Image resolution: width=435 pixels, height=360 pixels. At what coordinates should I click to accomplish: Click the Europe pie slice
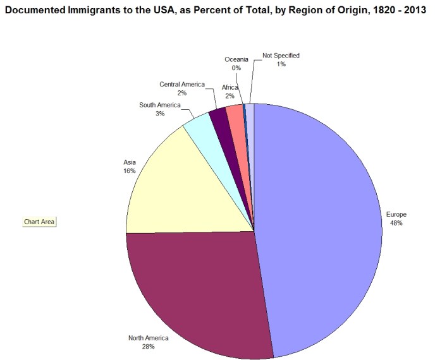[322, 227]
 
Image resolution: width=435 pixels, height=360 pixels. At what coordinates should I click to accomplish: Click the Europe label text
[396, 215]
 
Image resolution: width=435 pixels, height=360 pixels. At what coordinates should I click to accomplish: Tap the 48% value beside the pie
[396, 223]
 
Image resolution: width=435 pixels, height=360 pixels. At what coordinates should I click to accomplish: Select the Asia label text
[130, 162]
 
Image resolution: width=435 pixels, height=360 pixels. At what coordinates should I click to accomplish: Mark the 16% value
[130, 171]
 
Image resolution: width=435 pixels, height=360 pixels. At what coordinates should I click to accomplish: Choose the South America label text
[160, 105]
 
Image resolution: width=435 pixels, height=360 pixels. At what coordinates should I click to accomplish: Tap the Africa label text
[230, 88]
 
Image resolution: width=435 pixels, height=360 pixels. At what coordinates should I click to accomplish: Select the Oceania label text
[236, 59]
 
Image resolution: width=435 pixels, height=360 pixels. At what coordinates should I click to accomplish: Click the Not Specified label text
[281, 56]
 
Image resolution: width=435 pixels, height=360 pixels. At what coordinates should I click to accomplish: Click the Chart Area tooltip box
[39, 222]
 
